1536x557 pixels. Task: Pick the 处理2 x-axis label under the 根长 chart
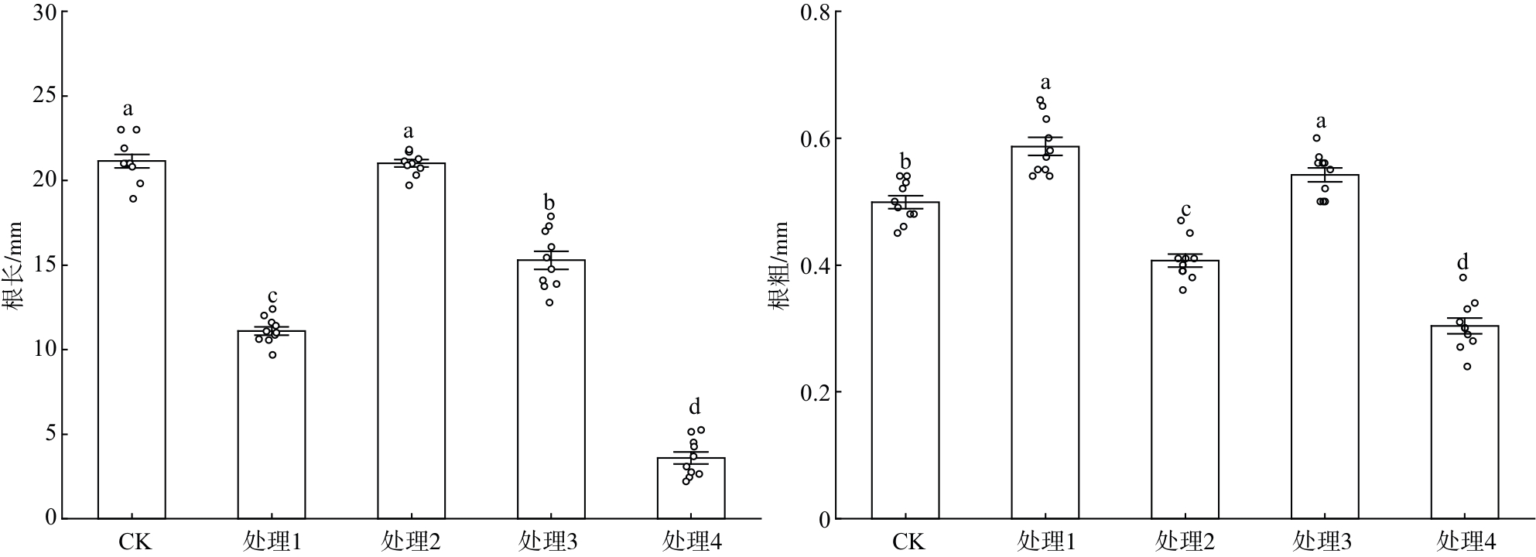pyautogui.click(x=411, y=542)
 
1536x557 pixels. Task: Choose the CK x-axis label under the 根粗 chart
pyautogui.click(x=908, y=542)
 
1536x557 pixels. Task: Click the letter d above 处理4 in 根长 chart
pyautogui.click(x=694, y=407)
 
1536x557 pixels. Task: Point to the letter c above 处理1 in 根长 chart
pyautogui.click(x=272, y=297)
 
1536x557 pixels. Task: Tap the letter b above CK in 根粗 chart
pyautogui.click(x=905, y=162)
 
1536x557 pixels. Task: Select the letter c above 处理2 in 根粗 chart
pyautogui.click(x=1185, y=210)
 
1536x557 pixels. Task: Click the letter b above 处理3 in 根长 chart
pyautogui.click(x=549, y=203)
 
